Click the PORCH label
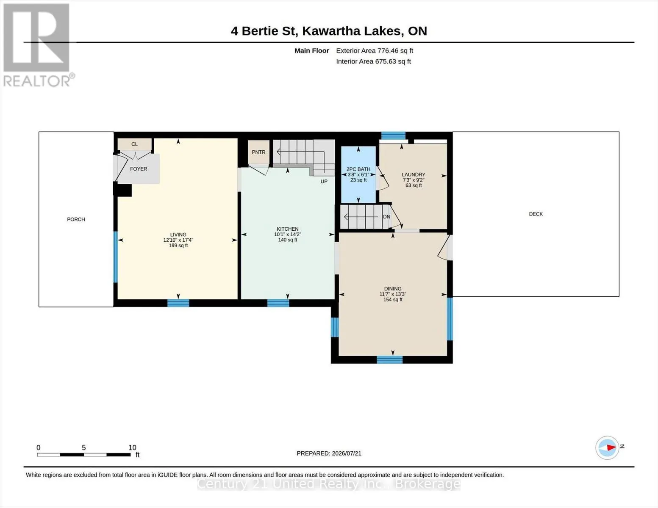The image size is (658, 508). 76,219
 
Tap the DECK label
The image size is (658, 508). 536,214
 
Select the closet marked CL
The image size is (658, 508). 134,144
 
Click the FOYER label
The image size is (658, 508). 139,169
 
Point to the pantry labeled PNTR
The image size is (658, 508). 258,152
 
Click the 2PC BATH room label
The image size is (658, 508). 358,169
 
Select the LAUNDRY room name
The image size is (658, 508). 414,174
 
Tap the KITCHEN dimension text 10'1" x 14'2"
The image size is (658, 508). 288,235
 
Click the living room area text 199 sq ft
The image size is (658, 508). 178,246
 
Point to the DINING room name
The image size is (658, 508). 393,289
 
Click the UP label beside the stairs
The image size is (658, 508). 324,182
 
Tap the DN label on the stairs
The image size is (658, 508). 387,217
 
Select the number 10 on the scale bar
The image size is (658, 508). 132,448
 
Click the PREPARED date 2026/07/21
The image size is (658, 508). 347,453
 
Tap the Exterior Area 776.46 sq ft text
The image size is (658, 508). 375,51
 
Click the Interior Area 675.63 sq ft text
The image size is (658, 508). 373,61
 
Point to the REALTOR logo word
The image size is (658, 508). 37,81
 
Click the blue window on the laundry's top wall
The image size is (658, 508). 393,135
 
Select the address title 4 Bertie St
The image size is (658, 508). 263,31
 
